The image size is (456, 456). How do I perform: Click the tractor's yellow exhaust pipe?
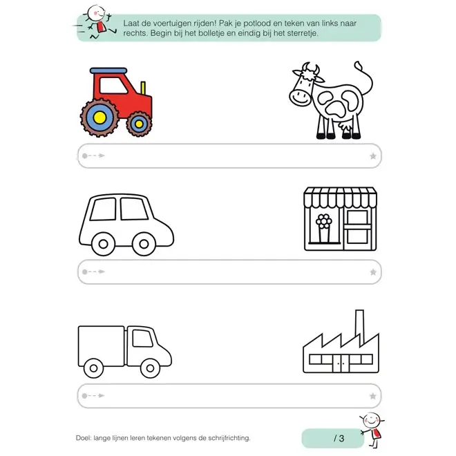point(143,88)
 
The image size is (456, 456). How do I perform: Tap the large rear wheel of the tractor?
point(99,117)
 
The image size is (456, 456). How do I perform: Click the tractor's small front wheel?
point(139,124)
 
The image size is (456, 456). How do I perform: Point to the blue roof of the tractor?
point(108,70)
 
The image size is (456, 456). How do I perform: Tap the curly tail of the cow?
point(365,77)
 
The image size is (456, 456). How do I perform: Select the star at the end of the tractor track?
point(373,156)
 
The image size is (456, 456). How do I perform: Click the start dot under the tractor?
point(84,156)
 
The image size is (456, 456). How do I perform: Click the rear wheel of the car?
point(103,244)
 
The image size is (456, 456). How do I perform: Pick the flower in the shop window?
point(324,222)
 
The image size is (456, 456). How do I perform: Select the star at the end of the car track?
point(373,272)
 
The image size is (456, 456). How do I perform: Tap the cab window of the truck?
point(142,338)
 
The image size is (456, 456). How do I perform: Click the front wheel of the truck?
point(150,368)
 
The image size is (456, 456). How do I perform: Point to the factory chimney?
point(360,327)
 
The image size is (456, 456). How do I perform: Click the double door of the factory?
point(341,363)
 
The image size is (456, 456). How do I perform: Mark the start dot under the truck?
point(84,396)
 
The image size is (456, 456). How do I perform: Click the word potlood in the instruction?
point(257,23)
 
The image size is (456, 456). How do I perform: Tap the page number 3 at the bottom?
point(341,438)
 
